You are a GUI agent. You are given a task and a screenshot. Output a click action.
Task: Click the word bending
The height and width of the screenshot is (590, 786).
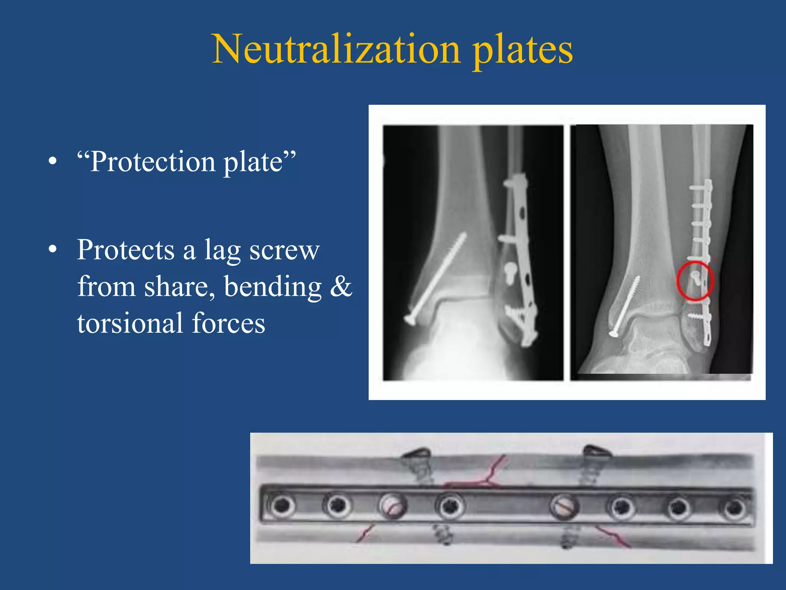click(272, 287)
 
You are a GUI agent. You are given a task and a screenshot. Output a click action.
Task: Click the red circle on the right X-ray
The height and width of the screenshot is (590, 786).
click(695, 280)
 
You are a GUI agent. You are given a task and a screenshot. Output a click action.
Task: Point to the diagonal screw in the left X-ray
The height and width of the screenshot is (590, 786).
click(436, 278)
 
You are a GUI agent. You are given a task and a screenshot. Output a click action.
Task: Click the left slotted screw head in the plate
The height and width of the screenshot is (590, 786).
click(392, 506)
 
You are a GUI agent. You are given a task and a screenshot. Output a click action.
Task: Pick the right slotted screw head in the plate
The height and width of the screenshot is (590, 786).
click(563, 506)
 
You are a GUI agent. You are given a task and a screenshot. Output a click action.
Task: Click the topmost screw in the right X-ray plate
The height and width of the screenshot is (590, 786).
click(699, 188)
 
